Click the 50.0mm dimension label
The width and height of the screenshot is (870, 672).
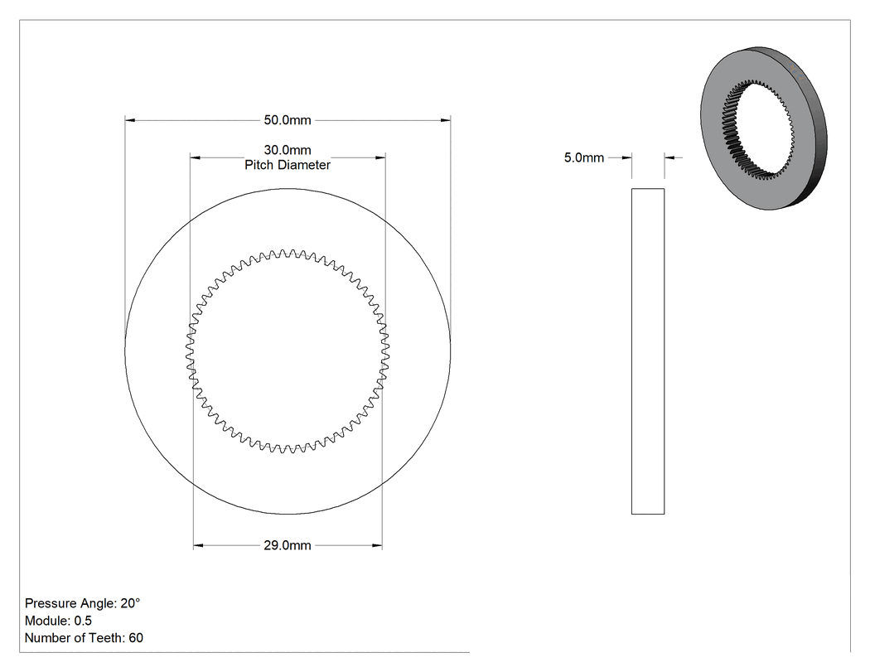click(x=288, y=120)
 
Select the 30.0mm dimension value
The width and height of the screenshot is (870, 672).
click(x=288, y=150)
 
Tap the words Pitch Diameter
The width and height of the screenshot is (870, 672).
click(x=288, y=165)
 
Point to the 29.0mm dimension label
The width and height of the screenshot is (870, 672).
click(x=288, y=545)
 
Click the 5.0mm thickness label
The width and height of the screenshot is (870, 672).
click(x=583, y=157)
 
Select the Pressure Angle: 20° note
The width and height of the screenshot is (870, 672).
click(x=83, y=603)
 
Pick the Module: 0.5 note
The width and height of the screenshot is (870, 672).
click(x=58, y=621)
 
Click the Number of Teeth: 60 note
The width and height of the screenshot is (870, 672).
click(x=84, y=637)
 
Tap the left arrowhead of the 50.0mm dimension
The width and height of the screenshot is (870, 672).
click(x=130, y=120)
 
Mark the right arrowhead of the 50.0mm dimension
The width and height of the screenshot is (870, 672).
click(x=446, y=120)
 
